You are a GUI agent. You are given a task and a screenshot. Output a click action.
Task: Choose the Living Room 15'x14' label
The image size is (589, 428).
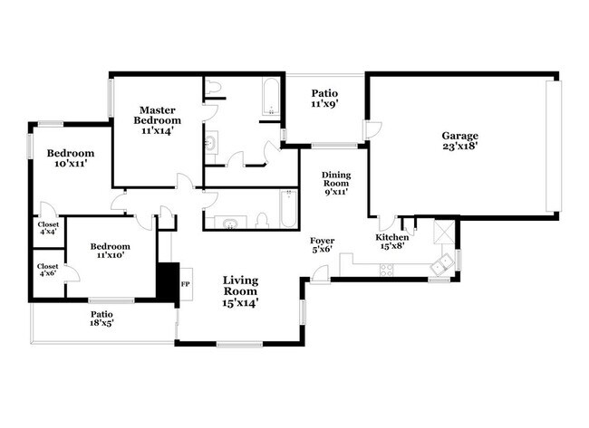(240, 291)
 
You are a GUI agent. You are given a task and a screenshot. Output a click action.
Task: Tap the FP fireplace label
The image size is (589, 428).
(185, 284)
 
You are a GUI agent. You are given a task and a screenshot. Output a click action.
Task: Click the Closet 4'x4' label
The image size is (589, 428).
(48, 228)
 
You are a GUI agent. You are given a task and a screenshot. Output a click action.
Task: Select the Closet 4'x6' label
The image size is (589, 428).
(48, 270)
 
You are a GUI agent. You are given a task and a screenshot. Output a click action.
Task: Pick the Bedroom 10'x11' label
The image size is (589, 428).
(71, 158)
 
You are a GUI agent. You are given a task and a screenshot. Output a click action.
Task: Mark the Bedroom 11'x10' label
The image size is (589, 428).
(110, 251)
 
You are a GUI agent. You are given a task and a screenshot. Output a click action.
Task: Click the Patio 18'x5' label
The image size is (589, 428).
(101, 319)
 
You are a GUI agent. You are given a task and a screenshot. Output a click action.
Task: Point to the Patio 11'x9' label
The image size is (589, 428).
(325, 98)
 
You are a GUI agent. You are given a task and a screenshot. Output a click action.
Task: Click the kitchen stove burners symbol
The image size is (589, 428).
(387, 268)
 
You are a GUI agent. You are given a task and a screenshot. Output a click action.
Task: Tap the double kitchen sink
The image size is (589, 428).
(441, 265)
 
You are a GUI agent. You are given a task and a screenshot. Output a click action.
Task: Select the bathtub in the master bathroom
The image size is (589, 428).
(271, 100)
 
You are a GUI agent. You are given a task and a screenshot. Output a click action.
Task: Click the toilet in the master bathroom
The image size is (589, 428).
(214, 88)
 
